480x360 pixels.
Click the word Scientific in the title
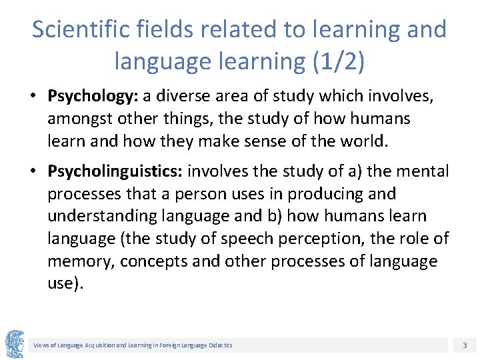click(x=73, y=29)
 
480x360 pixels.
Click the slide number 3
click(x=465, y=345)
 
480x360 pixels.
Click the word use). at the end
click(x=65, y=283)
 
